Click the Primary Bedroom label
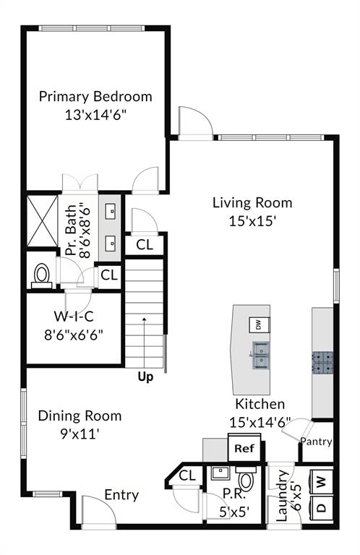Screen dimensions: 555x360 click(95, 96)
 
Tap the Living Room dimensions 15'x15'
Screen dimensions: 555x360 click(252, 220)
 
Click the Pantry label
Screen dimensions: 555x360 click(316, 442)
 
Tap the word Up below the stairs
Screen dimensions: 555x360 click(146, 377)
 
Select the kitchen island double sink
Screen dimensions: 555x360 click(260, 356)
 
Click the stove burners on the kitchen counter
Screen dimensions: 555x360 click(322, 361)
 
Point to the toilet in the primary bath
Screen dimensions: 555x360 click(41, 275)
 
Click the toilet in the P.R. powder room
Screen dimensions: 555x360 click(246, 481)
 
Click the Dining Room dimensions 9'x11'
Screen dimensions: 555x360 click(79, 434)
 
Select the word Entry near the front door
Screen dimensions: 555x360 click(121, 495)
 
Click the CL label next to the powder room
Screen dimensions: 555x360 click(187, 476)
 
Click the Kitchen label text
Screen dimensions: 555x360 click(260, 404)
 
